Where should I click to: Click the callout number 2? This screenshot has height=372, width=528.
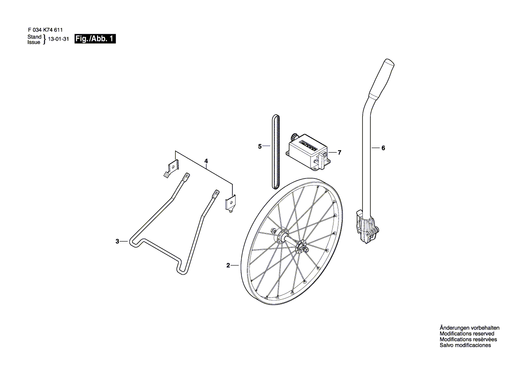pos(228,265)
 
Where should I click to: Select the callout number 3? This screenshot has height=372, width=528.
pos(117,241)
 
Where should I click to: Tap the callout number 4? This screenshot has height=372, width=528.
pos(206,161)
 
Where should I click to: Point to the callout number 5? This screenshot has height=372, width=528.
pos(259,146)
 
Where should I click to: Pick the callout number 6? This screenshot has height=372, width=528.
pos(383,148)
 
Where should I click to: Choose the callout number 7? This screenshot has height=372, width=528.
pos(339,153)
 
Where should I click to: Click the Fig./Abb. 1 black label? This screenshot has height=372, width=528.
pos(95,39)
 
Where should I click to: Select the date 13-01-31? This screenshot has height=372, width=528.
pos(59,39)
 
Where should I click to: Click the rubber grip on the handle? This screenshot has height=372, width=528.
pos(381,79)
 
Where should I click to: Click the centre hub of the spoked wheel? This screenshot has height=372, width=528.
pos(290,241)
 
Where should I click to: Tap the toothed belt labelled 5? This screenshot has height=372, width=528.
pos(275,151)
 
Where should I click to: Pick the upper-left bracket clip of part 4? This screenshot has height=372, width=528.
pos(172,167)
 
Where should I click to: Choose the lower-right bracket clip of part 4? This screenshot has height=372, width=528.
pos(230,205)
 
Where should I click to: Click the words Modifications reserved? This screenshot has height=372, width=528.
pos(467,334)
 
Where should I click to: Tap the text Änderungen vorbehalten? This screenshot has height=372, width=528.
pos(469,328)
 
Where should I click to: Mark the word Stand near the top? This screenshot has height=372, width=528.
pos(34,37)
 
